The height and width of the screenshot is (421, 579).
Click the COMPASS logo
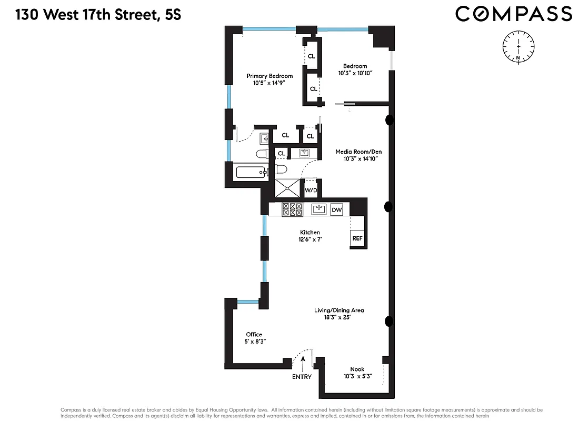[x=513, y=14]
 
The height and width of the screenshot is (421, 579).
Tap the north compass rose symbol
[x=518, y=46]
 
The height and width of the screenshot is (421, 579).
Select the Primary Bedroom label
[x=269, y=76]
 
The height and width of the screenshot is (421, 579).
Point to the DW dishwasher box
[x=337, y=210]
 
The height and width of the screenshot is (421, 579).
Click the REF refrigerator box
[x=357, y=238]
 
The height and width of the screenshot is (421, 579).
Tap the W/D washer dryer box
[x=311, y=189]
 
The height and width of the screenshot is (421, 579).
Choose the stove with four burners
[x=292, y=209]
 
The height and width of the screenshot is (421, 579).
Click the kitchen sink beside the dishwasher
[x=318, y=209]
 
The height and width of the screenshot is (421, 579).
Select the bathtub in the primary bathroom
[x=253, y=172]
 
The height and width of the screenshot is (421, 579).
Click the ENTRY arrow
[x=304, y=363]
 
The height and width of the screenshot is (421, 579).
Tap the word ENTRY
[x=302, y=377]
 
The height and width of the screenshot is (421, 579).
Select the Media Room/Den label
[x=358, y=152]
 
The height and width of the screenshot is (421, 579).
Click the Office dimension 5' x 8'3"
[x=254, y=342]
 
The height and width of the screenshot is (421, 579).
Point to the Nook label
[x=357, y=369]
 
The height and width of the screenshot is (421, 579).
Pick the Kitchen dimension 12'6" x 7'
[x=310, y=239]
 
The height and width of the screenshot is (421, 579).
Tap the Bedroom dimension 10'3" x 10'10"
[x=355, y=73]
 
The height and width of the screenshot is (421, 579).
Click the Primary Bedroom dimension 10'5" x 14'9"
[x=269, y=83]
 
